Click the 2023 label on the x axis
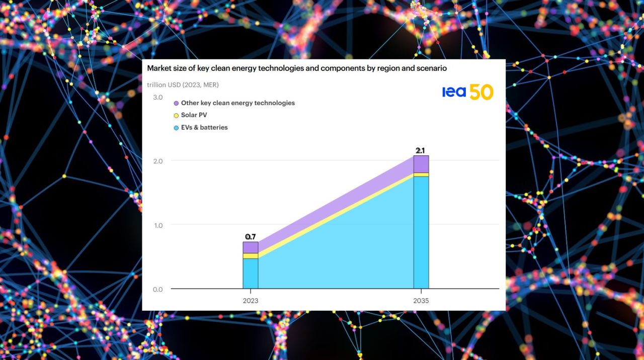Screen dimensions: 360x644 point(251,301)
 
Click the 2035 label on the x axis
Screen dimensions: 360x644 point(421,301)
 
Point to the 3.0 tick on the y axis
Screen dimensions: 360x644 point(157,97)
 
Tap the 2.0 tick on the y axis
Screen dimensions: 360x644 point(157,161)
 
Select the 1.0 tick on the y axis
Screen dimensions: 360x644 point(157,225)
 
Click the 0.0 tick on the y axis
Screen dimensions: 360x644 point(157,289)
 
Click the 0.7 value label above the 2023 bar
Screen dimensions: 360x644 point(251,236)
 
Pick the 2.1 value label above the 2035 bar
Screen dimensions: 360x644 point(421,150)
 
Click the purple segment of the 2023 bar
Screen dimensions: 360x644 point(251,247)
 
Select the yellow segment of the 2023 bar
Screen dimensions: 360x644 point(251,256)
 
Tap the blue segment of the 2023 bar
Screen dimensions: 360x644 point(251,273)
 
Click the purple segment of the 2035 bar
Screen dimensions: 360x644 point(421,164)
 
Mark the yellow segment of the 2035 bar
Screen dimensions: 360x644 point(421,174)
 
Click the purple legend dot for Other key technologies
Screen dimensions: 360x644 point(176,103)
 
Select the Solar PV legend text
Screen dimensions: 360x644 point(194,115)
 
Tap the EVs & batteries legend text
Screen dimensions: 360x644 point(204,127)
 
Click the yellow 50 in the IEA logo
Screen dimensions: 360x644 point(481,92)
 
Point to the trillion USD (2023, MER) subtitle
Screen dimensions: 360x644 point(183,85)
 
